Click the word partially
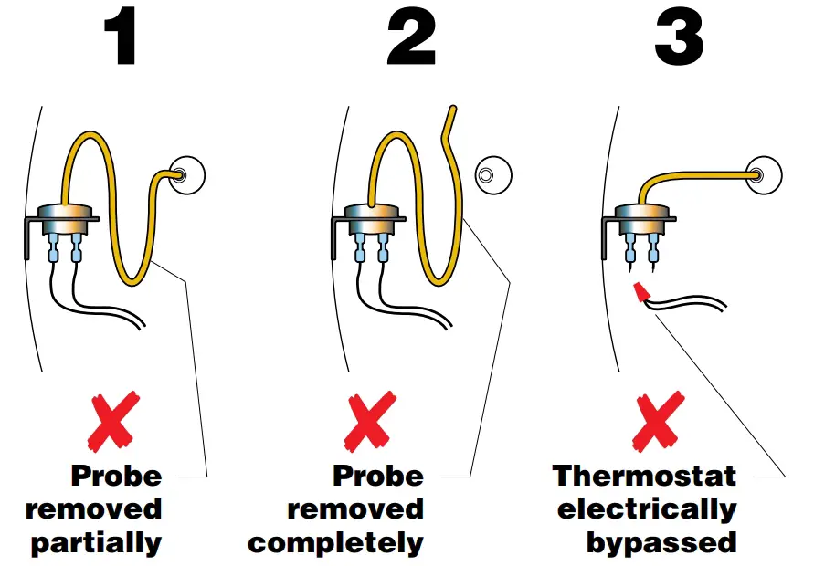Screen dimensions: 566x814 (x=96, y=544)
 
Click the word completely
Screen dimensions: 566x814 (x=335, y=543)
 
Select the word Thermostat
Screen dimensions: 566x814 (x=644, y=476)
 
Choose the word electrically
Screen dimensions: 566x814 (x=646, y=508)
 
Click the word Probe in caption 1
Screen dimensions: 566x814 (x=116, y=476)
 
